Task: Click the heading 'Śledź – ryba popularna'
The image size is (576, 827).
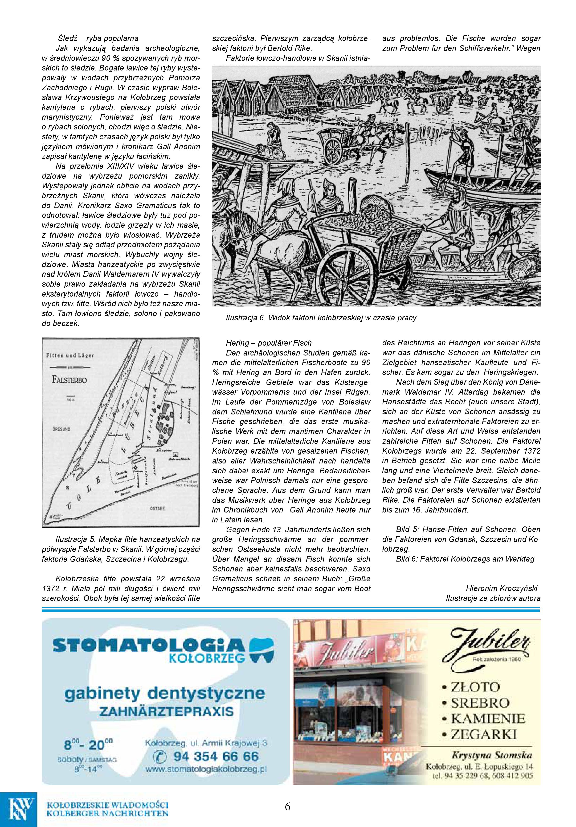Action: tap(98, 38)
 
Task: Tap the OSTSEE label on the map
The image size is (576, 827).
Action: tap(157, 508)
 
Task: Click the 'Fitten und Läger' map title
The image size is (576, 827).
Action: tap(70, 355)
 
